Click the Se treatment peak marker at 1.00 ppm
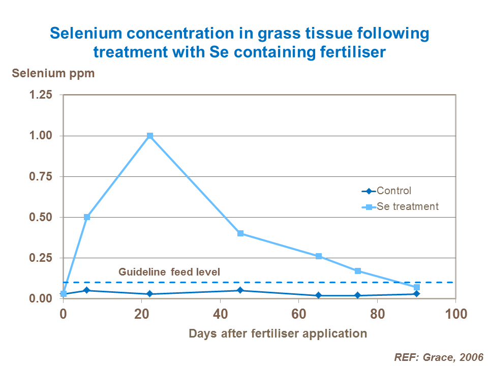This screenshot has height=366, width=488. coord(150,136)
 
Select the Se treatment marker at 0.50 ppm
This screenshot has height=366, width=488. coord(87,217)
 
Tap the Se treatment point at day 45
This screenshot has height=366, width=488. coord(240,233)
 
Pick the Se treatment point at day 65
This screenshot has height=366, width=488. coord(319,256)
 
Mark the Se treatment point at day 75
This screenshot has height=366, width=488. coord(358,271)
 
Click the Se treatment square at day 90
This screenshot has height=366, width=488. coord(417,287)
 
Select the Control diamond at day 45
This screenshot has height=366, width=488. coord(240,290)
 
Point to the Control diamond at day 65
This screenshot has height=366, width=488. coord(319,295)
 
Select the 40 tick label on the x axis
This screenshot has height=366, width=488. coord(220,313)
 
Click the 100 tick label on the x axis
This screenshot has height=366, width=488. coord(456,313)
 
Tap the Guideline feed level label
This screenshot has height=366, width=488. coord(169,272)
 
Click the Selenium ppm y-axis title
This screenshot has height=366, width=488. coord(53,73)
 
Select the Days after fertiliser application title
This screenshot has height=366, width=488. coord(278,333)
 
